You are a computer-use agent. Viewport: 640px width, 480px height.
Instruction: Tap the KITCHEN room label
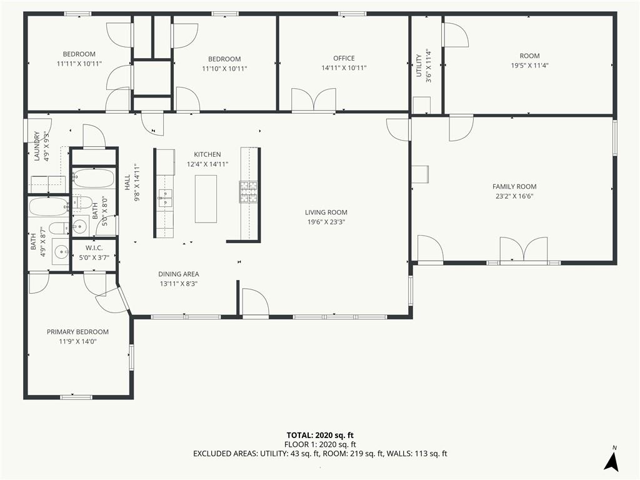(x=207, y=154)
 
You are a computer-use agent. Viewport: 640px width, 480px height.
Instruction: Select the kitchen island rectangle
(x=206, y=199)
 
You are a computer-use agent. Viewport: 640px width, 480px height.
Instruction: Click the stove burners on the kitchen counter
(x=249, y=192)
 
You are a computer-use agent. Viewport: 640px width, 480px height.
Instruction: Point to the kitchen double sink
(x=165, y=198)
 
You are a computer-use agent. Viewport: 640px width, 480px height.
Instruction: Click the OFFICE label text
(x=344, y=58)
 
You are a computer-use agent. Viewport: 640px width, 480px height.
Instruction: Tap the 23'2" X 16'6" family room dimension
(x=514, y=196)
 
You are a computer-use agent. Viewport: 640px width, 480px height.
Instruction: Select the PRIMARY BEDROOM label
(x=77, y=332)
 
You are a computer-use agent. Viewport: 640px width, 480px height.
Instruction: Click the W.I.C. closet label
(x=94, y=247)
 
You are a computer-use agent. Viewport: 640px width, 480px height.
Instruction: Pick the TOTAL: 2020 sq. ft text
(x=320, y=435)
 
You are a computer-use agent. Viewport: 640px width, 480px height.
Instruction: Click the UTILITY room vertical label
(x=418, y=65)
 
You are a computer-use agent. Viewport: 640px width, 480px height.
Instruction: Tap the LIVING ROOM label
(x=326, y=212)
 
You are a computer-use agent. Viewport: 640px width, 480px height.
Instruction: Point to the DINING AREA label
(x=179, y=274)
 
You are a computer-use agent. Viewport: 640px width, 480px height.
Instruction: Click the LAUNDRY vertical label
(x=37, y=146)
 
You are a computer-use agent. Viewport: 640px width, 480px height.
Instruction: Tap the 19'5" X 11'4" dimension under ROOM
(x=530, y=66)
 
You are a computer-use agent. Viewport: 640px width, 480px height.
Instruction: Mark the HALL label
(x=127, y=182)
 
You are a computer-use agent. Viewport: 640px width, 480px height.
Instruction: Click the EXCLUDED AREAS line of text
(x=320, y=454)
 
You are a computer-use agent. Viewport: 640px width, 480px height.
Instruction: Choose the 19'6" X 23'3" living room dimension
(x=326, y=222)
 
